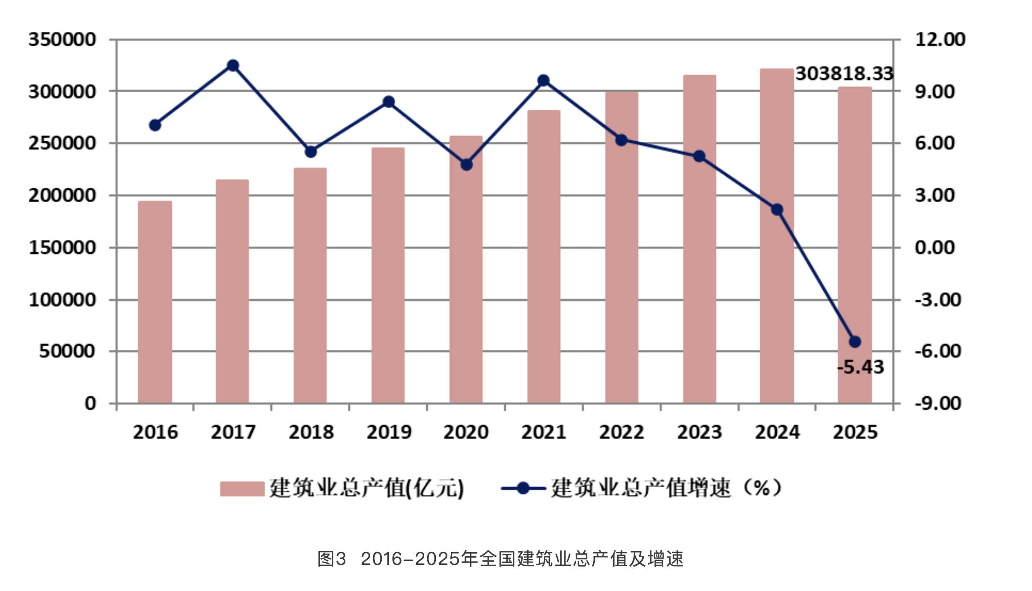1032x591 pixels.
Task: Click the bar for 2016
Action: pyautogui.click(x=155, y=302)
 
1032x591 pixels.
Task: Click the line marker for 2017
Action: pyautogui.click(x=233, y=65)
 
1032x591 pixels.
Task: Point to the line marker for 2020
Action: pyautogui.click(x=466, y=164)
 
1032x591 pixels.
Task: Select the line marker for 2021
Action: pyautogui.click(x=544, y=80)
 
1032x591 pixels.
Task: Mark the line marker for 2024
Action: pyautogui.click(x=777, y=210)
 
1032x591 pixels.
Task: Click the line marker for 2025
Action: pyautogui.click(x=855, y=342)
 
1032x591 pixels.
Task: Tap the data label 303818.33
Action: pyautogui.click(x=844, y=74)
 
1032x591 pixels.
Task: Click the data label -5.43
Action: pyautogui.click(x=860, y=367)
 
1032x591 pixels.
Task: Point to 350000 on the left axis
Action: pyautogui.click(x=62, y=40)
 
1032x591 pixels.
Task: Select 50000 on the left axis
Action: pyautogui.click(x=67, y=351)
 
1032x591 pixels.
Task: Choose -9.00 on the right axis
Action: pyautogui.click(x=937, y=403)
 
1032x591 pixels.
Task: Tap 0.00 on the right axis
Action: pyautogui.click(x=935, y=248)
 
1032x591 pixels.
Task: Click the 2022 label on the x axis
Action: pyautogui.click(x=621, y=432)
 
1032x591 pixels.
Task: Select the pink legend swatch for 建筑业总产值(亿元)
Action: pyautogui.click(x=242, y=489)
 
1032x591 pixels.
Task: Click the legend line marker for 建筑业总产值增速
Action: pyautogui.click(x=523, y=488)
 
